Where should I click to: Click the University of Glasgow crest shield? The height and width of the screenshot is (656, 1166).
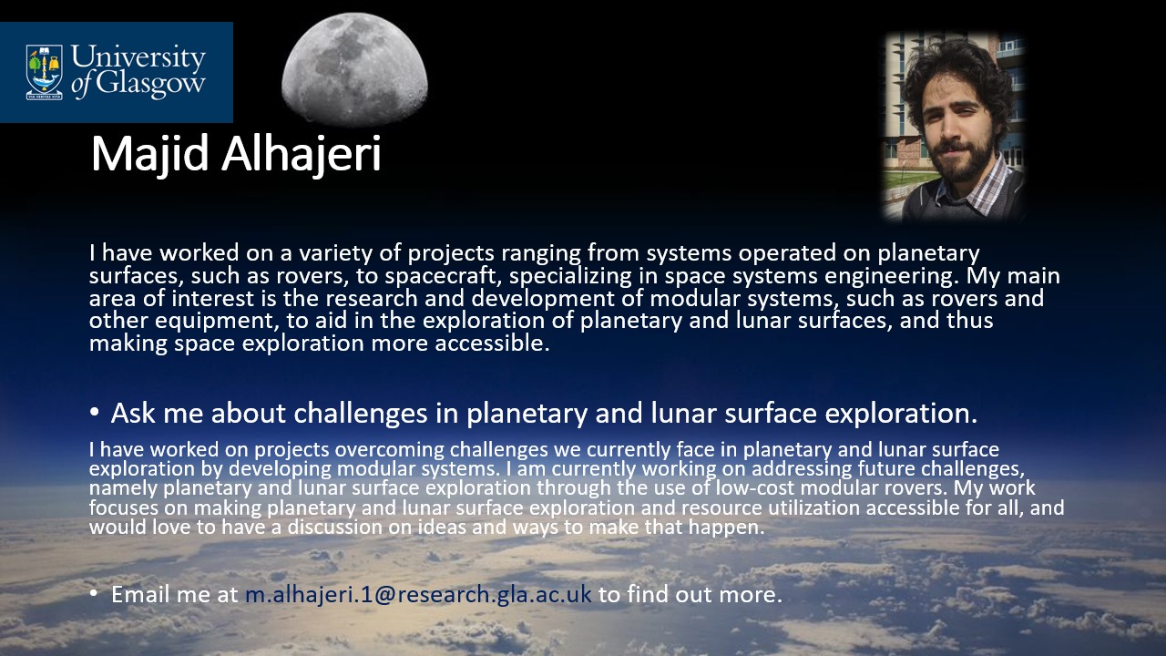[45, 72]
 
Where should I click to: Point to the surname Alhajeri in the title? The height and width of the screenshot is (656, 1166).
[302, 154]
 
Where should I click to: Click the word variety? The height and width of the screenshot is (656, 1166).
[336, 253]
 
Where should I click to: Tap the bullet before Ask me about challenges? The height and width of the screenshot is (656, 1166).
[94, 413]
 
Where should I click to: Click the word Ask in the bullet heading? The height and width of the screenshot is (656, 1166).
[133, 413]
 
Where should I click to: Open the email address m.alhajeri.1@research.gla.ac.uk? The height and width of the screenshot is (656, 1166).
[418, 595]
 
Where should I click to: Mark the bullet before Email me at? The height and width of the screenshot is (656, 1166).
[94, 593]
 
